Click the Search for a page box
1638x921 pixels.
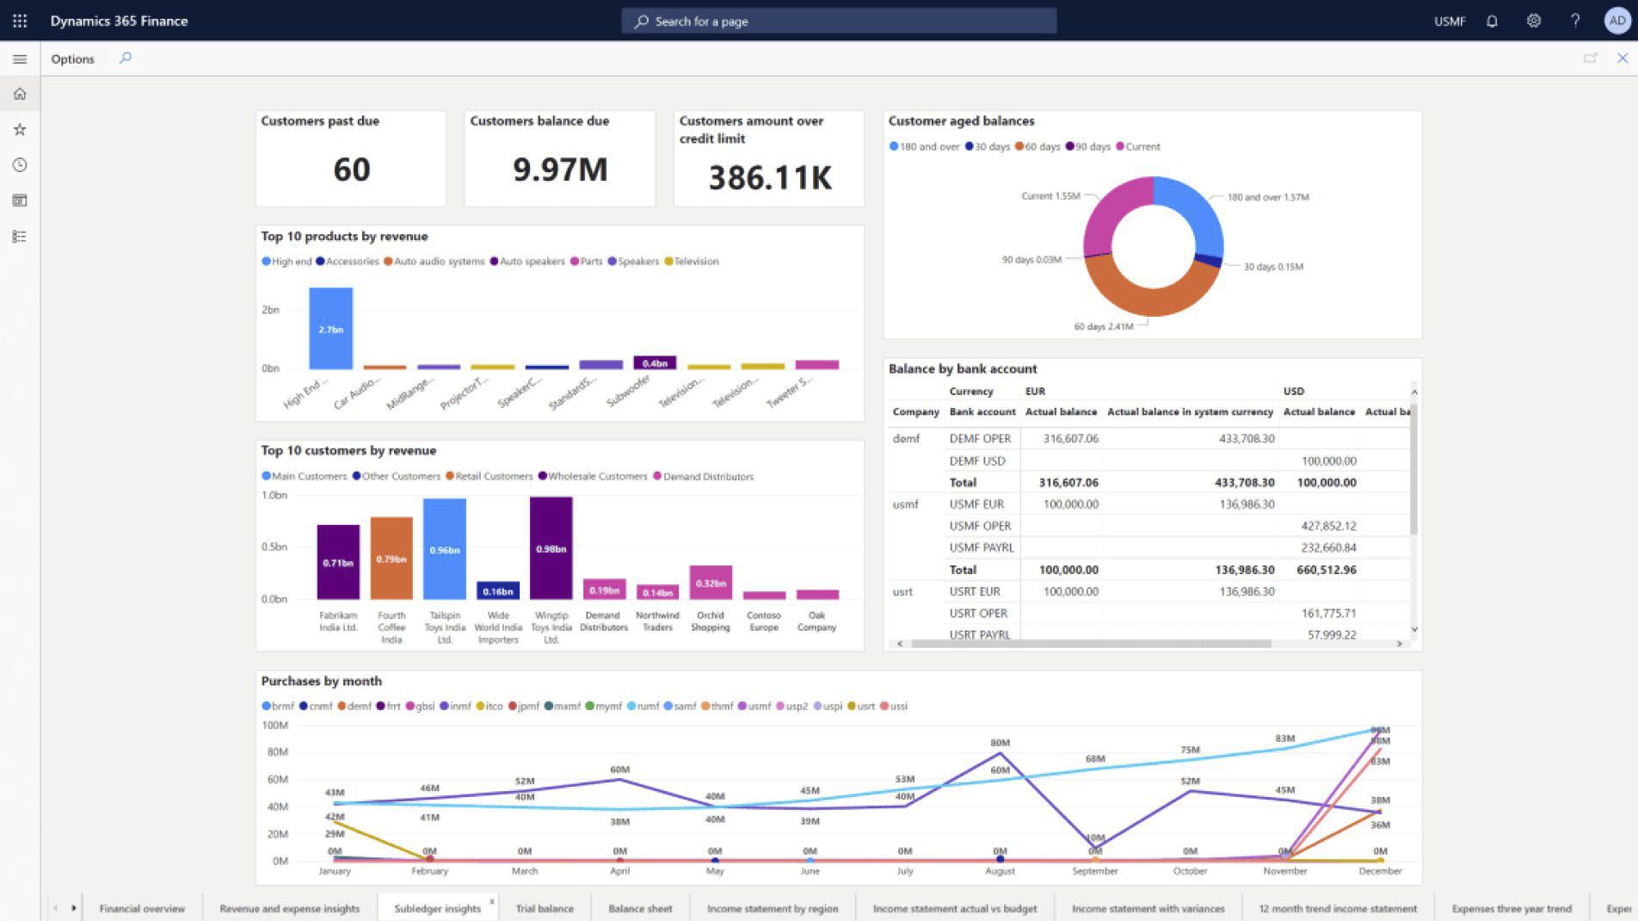(839, 21)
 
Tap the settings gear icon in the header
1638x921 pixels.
(1534, 21)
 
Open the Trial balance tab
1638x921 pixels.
(545, 908)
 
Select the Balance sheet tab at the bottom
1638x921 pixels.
(640, 908)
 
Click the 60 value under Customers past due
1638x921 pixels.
(352, 170)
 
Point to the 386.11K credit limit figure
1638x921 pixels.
(770, 178)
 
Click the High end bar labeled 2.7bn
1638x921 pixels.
(331, 329)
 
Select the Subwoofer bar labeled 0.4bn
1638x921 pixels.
(655, 363)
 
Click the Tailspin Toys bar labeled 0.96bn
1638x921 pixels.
(445, 549)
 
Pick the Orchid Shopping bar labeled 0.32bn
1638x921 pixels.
(711, 583)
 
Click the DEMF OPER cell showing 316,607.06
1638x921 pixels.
(1070, 438)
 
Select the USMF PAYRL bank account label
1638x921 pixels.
(982, 547)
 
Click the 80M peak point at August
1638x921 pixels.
(1000, 753)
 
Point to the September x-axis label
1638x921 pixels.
(1094, 871)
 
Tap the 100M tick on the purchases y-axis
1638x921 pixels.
(274, 725)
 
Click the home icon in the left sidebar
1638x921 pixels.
(20, 94)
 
